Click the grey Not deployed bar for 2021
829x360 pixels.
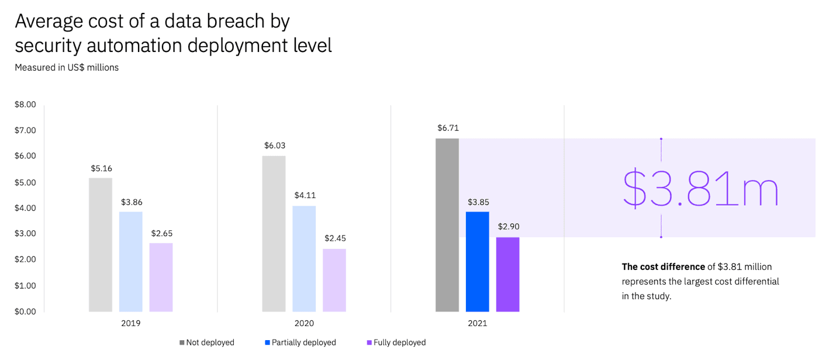pyautogui.click(x=447, y=225)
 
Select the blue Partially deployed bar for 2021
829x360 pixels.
pyautogui.click(x=477, y=261)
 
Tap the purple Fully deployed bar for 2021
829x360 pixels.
pyautogui.click(x=507, y=274)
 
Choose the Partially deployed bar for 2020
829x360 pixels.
pyautogui.click(x=304, y=258)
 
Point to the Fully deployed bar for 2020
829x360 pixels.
pyautogui.click(x=334, y=280)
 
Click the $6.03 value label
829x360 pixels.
pyautogui.click(x=274, y=146)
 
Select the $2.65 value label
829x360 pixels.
pyautogui.click(x=161, y=233)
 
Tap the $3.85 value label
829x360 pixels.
pyautogui.click(x=478, y=202)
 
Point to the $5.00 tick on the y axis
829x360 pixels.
pyautogui.click(x=25, y=182)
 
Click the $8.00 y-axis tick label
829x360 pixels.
pyautogui.click(x=25, y=105)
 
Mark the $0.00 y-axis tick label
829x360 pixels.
pyautogui.click(x=25, y=311)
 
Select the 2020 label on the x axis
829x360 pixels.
pyautogui.click(x=304, y=323)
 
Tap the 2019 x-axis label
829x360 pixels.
pyautogui.click(x=130, y=323)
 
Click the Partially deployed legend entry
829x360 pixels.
pyautogui.click(x=300, y=342)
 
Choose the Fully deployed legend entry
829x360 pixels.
pyautogui.click(x=396, y=342)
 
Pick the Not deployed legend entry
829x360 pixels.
pyautogui.click(x=206, y=342)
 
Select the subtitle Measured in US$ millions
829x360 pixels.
pyautogui.click(x=67, y=67)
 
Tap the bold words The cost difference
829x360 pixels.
pyautogui.click(x=663, y=266)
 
